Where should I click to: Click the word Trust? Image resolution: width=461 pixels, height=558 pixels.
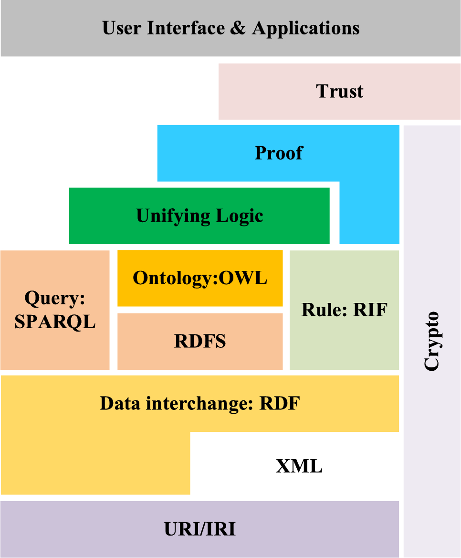(x=339, y=91)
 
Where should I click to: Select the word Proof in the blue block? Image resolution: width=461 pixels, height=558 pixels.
(x=279, y=153)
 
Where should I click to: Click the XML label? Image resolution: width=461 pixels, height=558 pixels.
(x=299, y=466)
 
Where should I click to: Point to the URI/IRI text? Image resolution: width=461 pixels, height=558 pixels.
(x=199, y=529)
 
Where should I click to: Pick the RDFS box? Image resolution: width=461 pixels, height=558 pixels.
(x=200, y=342)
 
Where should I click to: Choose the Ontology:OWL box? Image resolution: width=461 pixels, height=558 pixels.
(x=200, y=278)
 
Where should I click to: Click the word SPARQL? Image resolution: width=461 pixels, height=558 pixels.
(x=55, y=322)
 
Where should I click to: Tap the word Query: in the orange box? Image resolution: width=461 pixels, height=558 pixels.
(x=55, y=299)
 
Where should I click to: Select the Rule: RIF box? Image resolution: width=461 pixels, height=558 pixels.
(x=344, y=310)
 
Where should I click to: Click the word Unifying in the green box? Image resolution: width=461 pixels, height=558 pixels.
(x=166, y=216)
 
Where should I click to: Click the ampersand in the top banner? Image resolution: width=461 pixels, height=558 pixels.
(x=237, y=28)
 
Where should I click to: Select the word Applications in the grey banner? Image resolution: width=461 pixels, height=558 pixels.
(x=306, y=29)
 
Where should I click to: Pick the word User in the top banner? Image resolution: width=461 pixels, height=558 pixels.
(x=122, y=28)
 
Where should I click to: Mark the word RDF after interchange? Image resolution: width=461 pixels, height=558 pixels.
(x=279, y=404)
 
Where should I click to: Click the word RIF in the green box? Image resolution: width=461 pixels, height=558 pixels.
(x=370, y=310)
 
